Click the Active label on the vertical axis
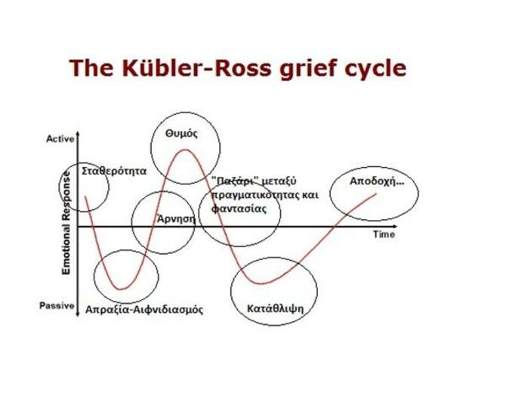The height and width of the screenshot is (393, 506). (x=60, y=139)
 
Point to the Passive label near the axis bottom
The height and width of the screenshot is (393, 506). (x=57, y=305)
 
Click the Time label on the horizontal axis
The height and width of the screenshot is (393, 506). (x=384, y=234)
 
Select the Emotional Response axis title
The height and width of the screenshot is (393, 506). (x=66, y=223)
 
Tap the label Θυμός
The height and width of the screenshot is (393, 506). (x=181, y=134)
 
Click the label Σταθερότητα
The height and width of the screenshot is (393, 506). (x=114, y=171)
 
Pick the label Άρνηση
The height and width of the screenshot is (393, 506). (x=176, y=218)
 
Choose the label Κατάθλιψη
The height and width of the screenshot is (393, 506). (x=275, y=308)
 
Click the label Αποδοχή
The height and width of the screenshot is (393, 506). (x=377, y=181)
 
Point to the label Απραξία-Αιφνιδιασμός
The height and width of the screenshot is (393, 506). (x=144, y=310)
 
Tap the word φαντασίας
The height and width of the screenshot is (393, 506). (x=239, y=209)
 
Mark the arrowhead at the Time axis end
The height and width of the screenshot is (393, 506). (x=394, y=227)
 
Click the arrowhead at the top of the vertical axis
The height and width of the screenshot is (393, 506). (x=78, y=134)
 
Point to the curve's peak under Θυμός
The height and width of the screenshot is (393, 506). (x=184, y=150)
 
